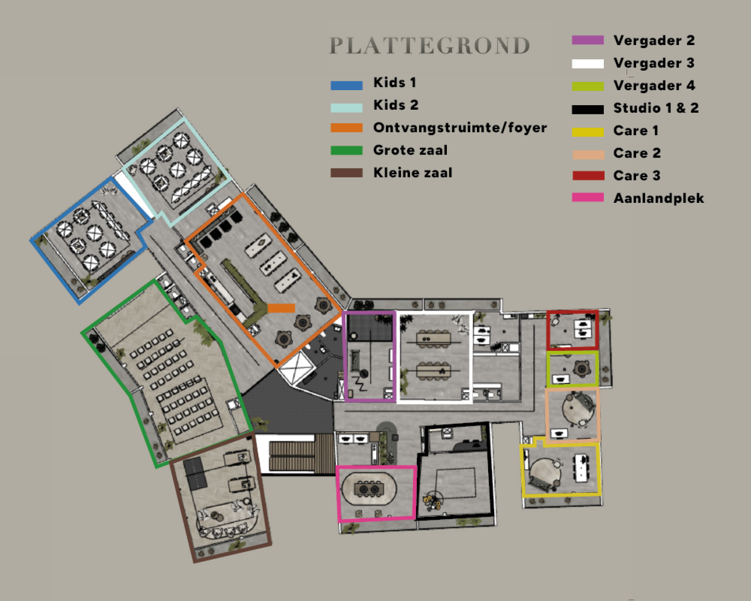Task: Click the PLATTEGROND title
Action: tap(430, 45)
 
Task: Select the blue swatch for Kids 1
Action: tap(346, 86)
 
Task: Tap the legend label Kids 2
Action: tap(396, 105)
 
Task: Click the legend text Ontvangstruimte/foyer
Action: tap(460, 127)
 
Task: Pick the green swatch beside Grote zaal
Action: tap(346, 150)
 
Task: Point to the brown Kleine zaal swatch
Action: tap(346, 173)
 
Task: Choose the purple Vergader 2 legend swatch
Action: tap(588, 40)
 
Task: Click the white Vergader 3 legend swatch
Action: tap(588, 63)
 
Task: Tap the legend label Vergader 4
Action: tap(654, 86)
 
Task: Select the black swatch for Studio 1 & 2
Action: tap(588, 109)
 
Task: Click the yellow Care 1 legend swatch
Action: tap(588, 132)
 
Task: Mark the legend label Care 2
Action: tap(637, 153)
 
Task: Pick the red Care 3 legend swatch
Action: tap(588, 175)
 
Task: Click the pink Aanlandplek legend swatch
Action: tap(588, 197)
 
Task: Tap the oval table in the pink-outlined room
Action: tap(369, 489)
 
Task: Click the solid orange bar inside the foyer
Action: tap(281, 308)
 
